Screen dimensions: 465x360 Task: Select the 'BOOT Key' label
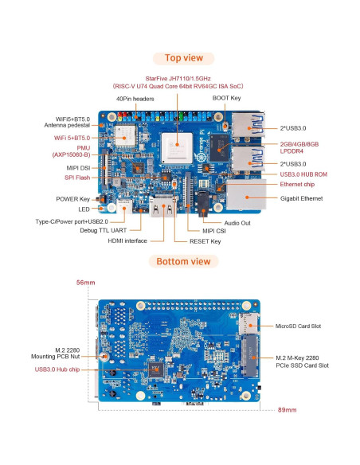[x=227, y=98]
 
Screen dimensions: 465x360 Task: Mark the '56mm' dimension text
[x=85, y=282]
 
